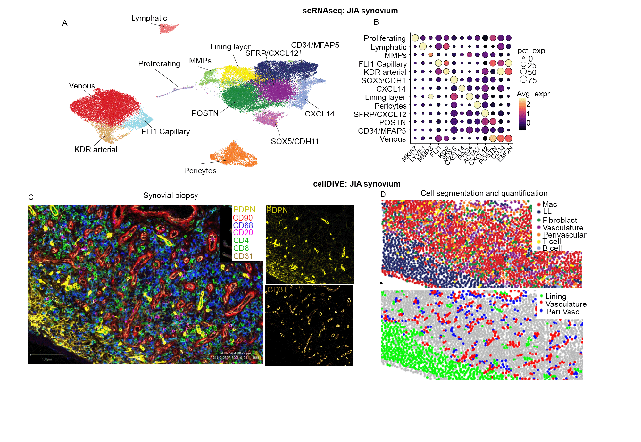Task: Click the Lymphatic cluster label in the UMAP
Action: coord(149,18)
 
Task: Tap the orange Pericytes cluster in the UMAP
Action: coord(234,155)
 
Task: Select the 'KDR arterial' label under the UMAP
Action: coord(96,150)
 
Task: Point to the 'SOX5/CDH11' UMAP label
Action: coord(295,142)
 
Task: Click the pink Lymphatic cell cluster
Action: coord(168,29)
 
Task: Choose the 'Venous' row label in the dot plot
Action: coord(393,139)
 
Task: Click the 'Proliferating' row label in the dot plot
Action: coord(385,38)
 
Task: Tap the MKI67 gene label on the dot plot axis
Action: coord(409,154)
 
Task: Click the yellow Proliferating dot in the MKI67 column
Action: coord(415,38)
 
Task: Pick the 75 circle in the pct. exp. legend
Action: coord(524,79)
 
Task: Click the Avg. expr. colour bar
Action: coord(522,114)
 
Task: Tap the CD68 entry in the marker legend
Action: coord(243,225)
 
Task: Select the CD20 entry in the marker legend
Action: coord(243,233)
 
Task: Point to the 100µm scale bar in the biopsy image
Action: coord(47,355)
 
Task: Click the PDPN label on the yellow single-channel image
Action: coord(277,210)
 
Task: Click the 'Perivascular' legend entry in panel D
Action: coord(564,235)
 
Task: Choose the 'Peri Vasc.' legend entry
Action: coord(563,312)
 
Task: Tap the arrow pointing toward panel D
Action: coord(371,283)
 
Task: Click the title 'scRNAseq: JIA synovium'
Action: coord(350,11)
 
